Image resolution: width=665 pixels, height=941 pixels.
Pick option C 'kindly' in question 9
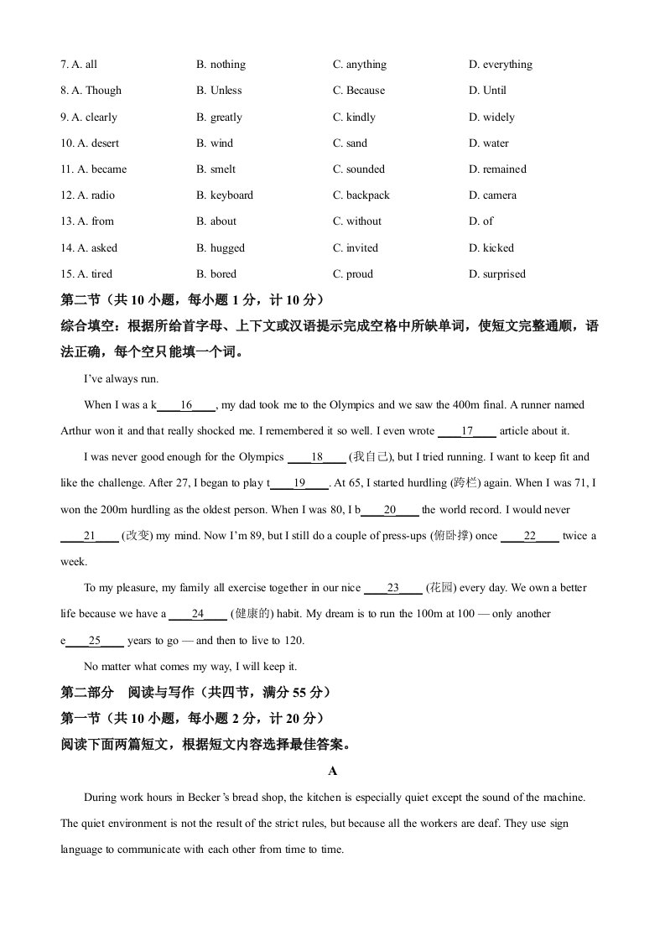(354, 117)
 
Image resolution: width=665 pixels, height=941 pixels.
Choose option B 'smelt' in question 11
(216, 169)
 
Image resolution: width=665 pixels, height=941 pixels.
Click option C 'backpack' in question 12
(361, 195)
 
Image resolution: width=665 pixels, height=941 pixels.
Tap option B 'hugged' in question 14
(221, 248)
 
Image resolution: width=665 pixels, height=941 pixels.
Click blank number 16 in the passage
(186, 405)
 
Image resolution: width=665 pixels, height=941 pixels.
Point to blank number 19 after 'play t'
(299, 483)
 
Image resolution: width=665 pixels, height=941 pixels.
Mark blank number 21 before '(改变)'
(90, 535)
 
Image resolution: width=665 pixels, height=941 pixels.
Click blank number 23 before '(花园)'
(393, 588)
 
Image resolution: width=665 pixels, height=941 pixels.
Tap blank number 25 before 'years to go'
(94, 641)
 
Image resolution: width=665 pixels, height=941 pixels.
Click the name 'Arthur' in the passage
(77, 431)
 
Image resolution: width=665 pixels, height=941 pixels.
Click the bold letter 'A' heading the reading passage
(332, 771)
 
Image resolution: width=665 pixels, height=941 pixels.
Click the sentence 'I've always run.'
(122, 379)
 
